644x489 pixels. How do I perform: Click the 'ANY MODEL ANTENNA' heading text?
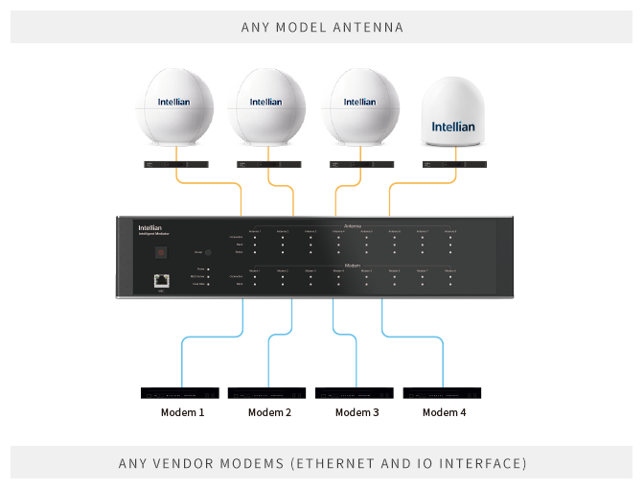(x=322, y=27)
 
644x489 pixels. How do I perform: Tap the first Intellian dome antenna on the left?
(x=178, y=103)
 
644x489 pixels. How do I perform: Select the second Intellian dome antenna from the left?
(x=266, y=103)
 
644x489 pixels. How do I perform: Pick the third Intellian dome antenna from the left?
(x=359, y=103)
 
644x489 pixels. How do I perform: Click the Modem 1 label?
(x=182, y=412)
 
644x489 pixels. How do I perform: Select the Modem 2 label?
(x=269, y=412)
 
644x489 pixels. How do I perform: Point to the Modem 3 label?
(x=357, y=412)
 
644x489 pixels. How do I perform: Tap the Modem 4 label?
(x=445, y=412)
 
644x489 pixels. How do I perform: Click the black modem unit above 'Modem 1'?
(x=180, y=393)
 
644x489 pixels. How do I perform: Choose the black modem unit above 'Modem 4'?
(x=443, y=393)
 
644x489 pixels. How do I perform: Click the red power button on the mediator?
(x=162, y=252)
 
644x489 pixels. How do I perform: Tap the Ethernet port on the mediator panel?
(x=161, y=280)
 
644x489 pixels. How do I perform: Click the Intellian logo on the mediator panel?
(x=149, y=228)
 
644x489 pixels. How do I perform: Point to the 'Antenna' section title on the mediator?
(x=353, y=226)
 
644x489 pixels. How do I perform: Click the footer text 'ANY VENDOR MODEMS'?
(x=322, y=463)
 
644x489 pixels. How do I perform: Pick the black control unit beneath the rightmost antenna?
(x=453, y=165)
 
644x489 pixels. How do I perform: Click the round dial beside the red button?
(x=208, y=252)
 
